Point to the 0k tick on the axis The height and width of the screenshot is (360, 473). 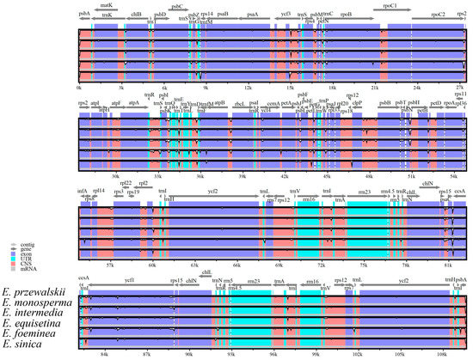pos(79,87)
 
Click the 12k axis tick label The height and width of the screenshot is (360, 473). pos(248,87)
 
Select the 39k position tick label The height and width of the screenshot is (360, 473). pos(242,176)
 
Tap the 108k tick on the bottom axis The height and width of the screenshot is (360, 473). pos(442,353)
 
